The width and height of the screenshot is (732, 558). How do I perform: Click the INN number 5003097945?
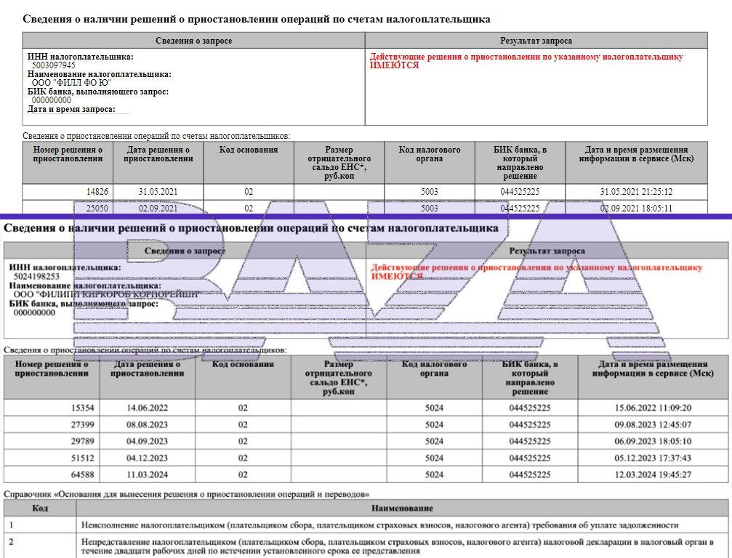coord(54,65)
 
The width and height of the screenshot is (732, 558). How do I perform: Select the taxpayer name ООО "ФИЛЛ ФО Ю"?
coord(72,83)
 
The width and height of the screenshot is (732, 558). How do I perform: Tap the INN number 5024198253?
coord(36,277)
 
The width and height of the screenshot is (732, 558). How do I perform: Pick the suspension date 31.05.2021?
coord(158,192)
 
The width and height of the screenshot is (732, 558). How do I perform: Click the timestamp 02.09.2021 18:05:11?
coord(636,209)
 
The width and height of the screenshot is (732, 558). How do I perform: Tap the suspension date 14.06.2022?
coord(147,408)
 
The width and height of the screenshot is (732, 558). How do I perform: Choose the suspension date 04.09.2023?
coord(147,441)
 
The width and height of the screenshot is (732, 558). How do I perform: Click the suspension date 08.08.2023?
coord(147,424)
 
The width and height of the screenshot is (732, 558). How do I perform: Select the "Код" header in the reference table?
coord(40,508)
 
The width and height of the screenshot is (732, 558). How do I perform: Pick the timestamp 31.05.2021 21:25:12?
coord(636,192)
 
